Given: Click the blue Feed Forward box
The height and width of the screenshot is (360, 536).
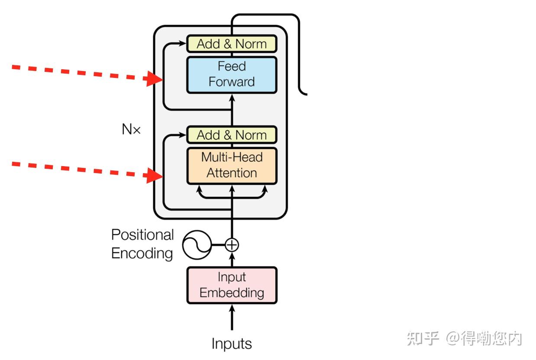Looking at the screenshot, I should (232, 74).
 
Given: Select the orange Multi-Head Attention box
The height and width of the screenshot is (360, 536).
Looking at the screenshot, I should (232, 165).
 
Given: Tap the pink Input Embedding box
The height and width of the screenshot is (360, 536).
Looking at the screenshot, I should (232, 285).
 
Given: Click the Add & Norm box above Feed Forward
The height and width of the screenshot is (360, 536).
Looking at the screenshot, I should (232, 44).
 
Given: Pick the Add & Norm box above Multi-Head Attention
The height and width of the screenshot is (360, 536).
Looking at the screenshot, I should (232, 135).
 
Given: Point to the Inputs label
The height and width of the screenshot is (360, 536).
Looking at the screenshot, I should (232, 344).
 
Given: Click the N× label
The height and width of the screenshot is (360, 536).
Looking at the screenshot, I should (131, 129).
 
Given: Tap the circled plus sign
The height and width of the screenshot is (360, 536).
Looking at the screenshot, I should (232, 245).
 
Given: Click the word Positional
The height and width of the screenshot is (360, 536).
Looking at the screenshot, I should (142, 235).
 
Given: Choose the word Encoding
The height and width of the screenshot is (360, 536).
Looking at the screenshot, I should (142, 253).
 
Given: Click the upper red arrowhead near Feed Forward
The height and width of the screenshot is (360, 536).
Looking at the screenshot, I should (154, 79).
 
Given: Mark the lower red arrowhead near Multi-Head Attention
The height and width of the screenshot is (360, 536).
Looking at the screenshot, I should (154, 176).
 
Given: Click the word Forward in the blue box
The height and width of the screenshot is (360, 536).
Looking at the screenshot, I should (232, 82).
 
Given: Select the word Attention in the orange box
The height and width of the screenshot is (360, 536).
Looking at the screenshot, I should (232, 173).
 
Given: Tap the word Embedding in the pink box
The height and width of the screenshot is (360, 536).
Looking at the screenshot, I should (232, 293).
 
